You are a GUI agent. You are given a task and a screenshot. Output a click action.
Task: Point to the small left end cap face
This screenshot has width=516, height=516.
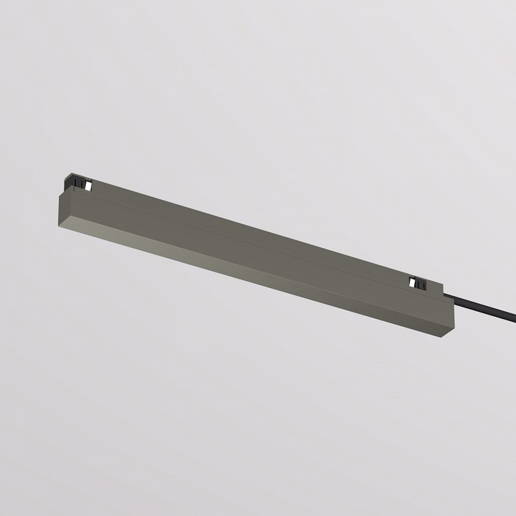(65, 208)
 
